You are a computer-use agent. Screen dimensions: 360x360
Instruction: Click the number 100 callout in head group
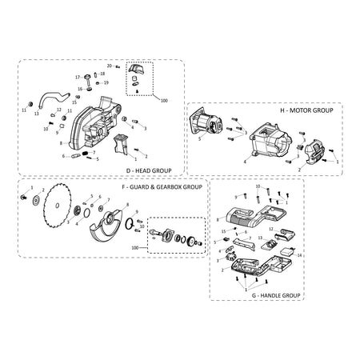164,101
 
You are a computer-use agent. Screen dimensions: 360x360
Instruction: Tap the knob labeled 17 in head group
88,78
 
